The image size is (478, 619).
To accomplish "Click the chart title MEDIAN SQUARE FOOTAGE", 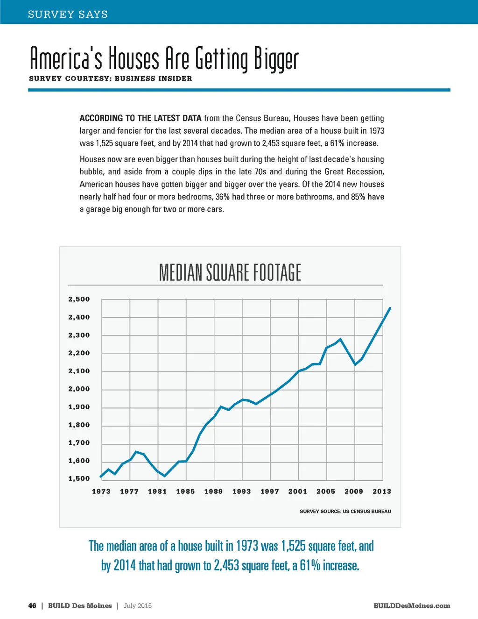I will coord(230,272).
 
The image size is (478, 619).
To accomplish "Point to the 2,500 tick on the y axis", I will coord(79,299).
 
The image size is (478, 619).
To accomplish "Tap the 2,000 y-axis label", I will coord(79,389).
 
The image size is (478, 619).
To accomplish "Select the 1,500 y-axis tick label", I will coord(79,479).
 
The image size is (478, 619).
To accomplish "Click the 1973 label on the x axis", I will coord(101,491).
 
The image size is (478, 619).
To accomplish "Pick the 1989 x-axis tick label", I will coord(213,491).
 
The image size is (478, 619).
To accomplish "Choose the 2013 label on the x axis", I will coord(382,491).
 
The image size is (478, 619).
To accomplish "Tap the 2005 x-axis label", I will coord(326,491).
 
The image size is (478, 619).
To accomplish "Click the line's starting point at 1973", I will coord(101,477).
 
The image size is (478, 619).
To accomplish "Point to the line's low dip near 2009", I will coord(355,364).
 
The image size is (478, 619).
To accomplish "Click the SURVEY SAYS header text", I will coord(68,14).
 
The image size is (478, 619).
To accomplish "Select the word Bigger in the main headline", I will coord(276,60).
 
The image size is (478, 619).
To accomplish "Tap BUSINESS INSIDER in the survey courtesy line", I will coord(153,78).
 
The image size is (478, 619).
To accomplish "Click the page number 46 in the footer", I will coord(32,606).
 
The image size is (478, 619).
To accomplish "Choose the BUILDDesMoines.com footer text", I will coord(412,606).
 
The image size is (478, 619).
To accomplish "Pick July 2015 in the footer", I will coord(138,606).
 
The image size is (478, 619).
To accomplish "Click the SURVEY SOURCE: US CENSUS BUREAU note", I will coord(345,512).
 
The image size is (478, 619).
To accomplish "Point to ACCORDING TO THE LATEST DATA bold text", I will coord(141,118).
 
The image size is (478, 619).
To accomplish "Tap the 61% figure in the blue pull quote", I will coord(310,566).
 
